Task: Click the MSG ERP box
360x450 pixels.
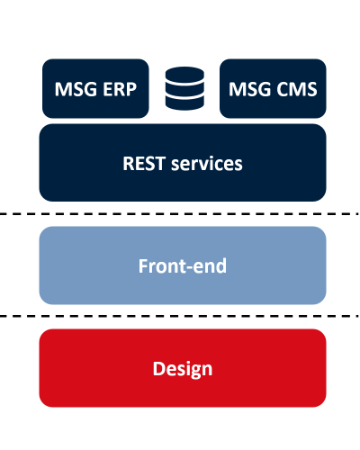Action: coord(95,88)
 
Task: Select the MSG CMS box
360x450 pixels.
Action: coord(273,88)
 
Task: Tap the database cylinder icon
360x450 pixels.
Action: coord(184,88)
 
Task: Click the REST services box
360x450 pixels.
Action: coord(183,163)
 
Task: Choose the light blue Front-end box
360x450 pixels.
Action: coord(183,265)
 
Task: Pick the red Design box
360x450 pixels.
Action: coord(183,368)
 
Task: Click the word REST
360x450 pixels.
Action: coord(144,164)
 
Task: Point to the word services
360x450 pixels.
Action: coord(207,164)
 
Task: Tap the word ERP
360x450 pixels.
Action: coord(120,89)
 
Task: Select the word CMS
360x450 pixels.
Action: coord(297,89)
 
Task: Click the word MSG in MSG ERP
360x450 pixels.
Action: coord(76,89)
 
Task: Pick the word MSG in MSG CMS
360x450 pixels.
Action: coord(250,89)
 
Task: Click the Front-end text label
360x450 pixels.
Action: coord(183,265)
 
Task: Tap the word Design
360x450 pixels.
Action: coord(183,370)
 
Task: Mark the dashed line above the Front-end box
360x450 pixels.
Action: coord(180,214)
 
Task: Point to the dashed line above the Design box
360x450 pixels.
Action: coord(180,316)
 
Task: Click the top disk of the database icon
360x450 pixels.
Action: coord(184,74)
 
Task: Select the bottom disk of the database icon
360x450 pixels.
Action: coord(184,103)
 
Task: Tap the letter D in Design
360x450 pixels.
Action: coord(160,368)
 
